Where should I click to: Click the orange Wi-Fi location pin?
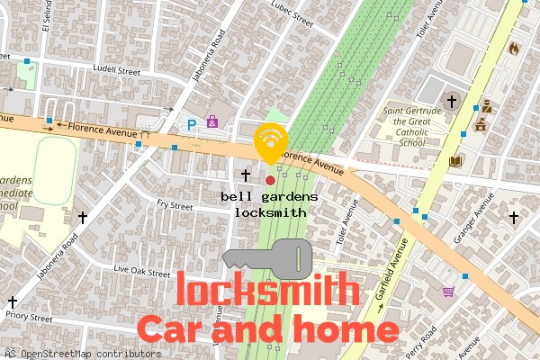[270, 139]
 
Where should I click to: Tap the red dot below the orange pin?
[270, 180]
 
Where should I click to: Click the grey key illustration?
[267, 259]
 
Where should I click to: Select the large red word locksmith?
[267, 291]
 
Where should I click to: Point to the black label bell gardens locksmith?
[270, 204]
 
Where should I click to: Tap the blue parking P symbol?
[191, 125]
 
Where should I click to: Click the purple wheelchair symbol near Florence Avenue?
[212, 121]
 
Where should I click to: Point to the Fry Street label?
[175, 206]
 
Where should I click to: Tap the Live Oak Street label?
[141, 271]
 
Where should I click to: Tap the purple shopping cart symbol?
[448, 291]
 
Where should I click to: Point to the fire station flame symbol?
[515, 48]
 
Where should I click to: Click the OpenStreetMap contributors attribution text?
[84, 354]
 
